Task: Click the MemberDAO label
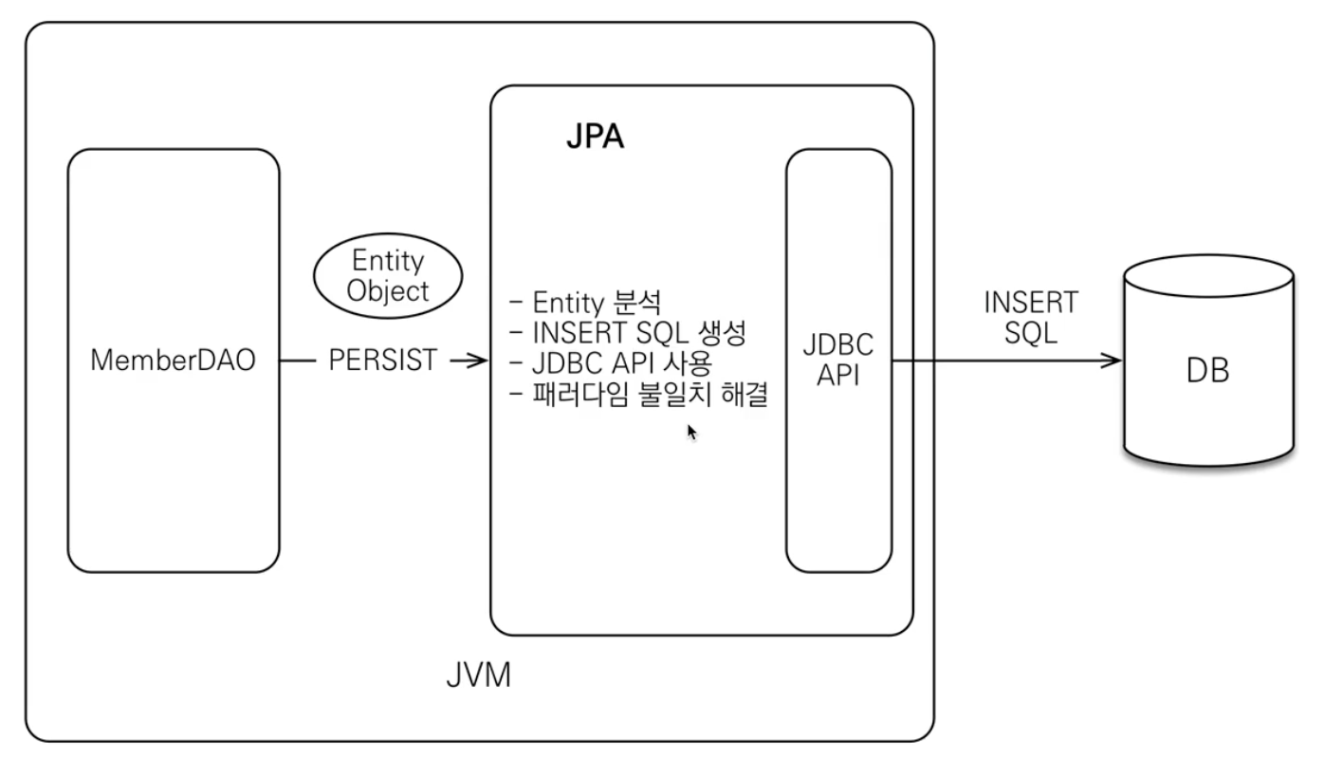pyautogui.click(x=173, y=360)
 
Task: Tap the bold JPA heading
pyautogui.click(x=596, y=137)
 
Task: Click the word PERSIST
pyautogui.click(x=383, y=360)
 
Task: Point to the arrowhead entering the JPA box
pyautogui.click(x=478, y=360)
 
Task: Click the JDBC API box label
pyautogui.click(x=838, y=360)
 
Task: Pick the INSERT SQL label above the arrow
pyautogui.click(x=1032, y=318)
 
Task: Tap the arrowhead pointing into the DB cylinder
pyautogui.click(x=1112, y=360)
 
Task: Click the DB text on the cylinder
pyautogui.click(x=1208, y=371)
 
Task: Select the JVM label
pyautogui.click(x=479, y=676)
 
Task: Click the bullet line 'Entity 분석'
pyautogui.click(x=585, y=303)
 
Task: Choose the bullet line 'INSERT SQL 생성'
pyautogui.click(x=628, y=333)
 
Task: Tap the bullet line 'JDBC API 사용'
pyautogui.click(x=611, y=363)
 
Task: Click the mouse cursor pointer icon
pyautogui.click(x=692, y=432)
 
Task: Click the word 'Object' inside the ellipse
pyautogui.click(x=388, y=291)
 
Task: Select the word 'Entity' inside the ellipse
pyautogui.click(x=388, y=261)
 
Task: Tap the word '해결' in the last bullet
pyautogui.click(x=745, y=394)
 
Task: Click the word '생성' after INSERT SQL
pyautogui.click(x=723, y=333)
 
